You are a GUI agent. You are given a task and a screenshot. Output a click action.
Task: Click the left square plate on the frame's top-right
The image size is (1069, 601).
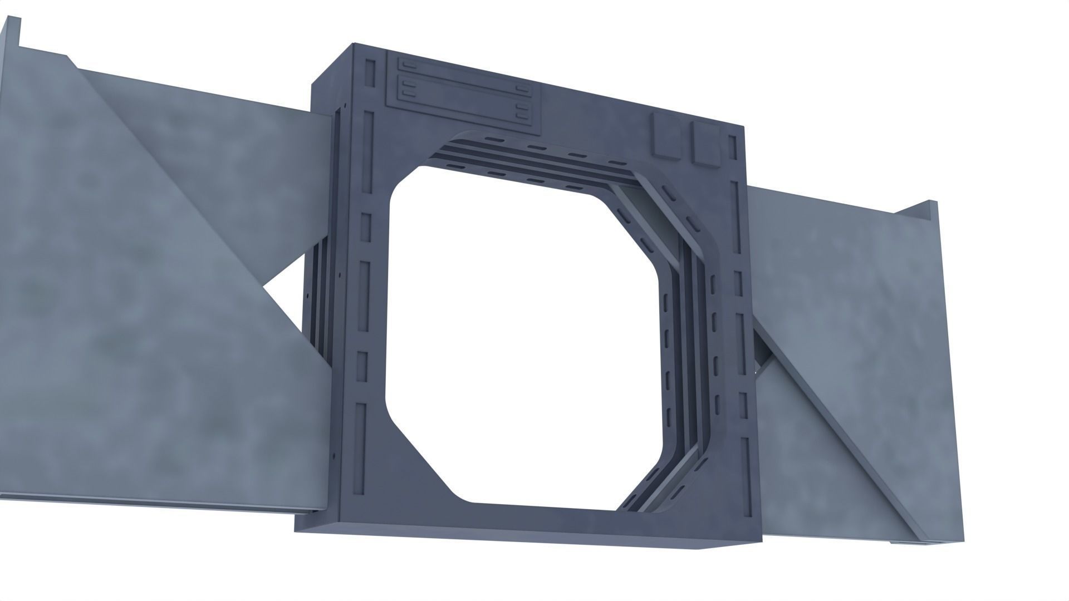[x=666, y=136]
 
